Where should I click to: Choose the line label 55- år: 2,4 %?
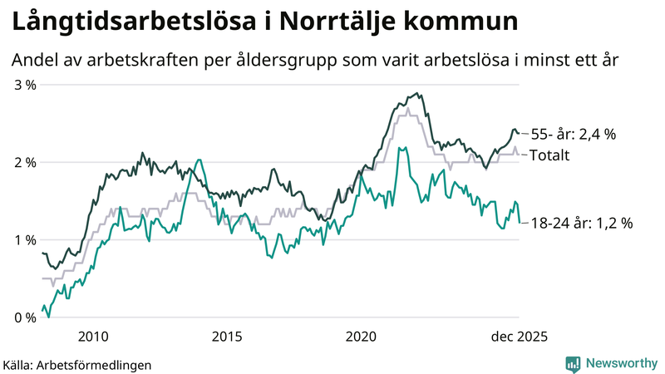click(x=573, y=134)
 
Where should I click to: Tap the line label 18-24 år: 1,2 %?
click(x=582, y=223)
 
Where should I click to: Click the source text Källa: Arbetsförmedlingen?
click(x=78, y=364)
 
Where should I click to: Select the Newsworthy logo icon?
click(x=573, y=363)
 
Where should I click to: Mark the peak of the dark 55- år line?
click(x=416, y=94)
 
